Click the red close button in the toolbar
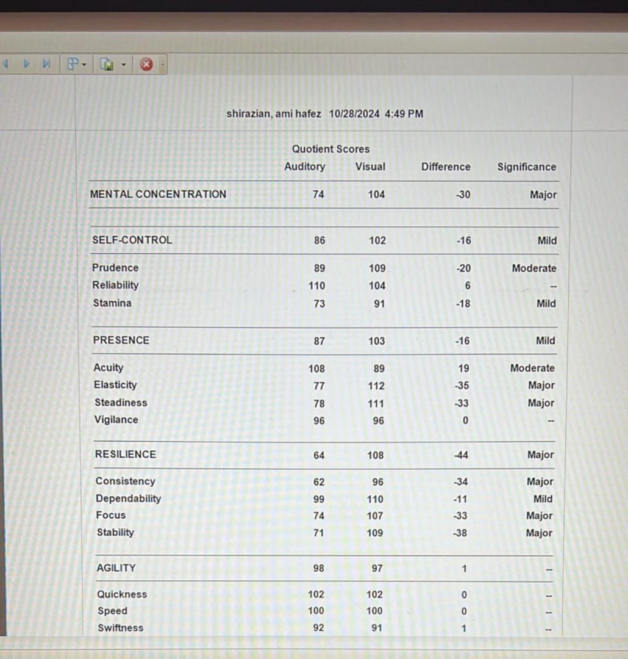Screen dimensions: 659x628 (146, 64)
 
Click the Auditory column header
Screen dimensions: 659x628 (304, 167)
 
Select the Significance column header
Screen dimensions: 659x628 (526, 167)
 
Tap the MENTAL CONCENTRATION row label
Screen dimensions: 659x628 (158, 194)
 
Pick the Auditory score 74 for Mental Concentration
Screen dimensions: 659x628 (318, 195)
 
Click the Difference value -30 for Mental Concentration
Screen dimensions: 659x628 (463, 195)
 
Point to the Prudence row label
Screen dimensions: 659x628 (115, 267)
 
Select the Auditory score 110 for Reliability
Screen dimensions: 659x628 (316, 286)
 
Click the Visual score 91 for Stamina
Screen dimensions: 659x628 (379, 303)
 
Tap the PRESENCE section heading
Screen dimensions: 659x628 (121, 340)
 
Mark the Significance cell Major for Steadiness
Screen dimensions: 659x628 (541, 403)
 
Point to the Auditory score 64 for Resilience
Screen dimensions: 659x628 (319, 455)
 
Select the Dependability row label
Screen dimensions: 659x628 (128, 499)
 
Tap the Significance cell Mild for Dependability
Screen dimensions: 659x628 (543, 499)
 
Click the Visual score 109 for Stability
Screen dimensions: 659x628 (375, 533)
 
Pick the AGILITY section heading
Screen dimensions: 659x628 (116, 568)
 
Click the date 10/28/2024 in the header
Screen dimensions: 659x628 (354, 113)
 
